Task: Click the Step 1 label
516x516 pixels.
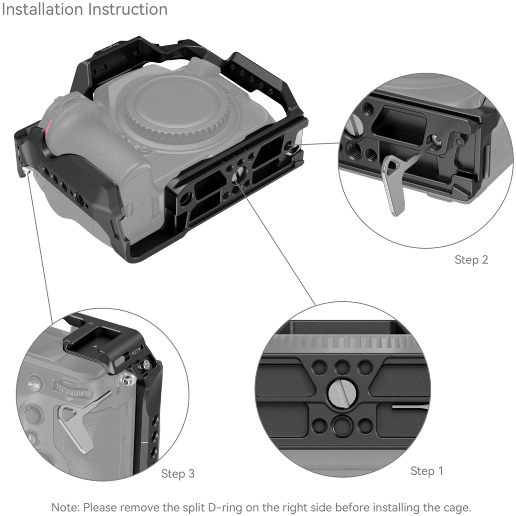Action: click(x=427, y=471)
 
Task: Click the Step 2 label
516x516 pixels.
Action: click(x=471, y=260)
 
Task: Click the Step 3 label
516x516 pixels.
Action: click(x=178, y=474)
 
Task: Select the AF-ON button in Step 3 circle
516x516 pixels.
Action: click(x=33, y=385)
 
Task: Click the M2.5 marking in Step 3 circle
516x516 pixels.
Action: click(x=135, y=353)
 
